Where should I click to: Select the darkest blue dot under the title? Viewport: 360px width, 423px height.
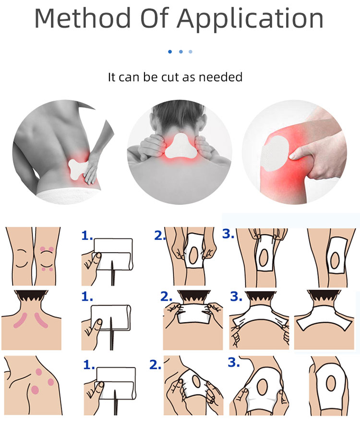pyautogui.click(x=170, y=51)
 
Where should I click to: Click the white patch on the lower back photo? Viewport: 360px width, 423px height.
pyautogui.click(x=79, y=169)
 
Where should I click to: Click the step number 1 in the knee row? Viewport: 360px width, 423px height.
pyautogui.click(x=87, y=235)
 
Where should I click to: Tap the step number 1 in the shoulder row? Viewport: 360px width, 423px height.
pyautogui.click(x=88, y=365)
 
